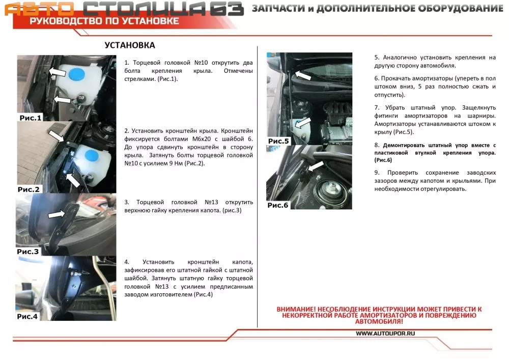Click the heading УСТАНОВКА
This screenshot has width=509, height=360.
130,45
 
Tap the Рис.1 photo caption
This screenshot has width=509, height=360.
31,118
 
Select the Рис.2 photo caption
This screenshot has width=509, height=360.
29,189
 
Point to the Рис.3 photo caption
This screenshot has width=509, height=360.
27,252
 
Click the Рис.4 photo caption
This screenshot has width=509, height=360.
27,317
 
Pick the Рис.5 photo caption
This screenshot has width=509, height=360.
278,141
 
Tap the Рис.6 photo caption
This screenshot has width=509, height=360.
278,205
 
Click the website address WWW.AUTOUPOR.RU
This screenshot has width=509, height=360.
385,334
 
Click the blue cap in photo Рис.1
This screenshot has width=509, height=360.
77,74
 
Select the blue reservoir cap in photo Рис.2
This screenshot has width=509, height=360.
92,156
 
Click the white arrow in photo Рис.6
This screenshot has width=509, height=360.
316,167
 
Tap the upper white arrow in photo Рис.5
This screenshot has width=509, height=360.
303,75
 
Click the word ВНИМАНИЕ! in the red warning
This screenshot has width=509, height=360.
296,310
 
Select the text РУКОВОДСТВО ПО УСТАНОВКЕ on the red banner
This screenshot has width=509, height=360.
104,21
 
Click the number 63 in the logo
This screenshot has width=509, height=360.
227,9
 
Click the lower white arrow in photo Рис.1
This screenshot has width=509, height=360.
62,99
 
